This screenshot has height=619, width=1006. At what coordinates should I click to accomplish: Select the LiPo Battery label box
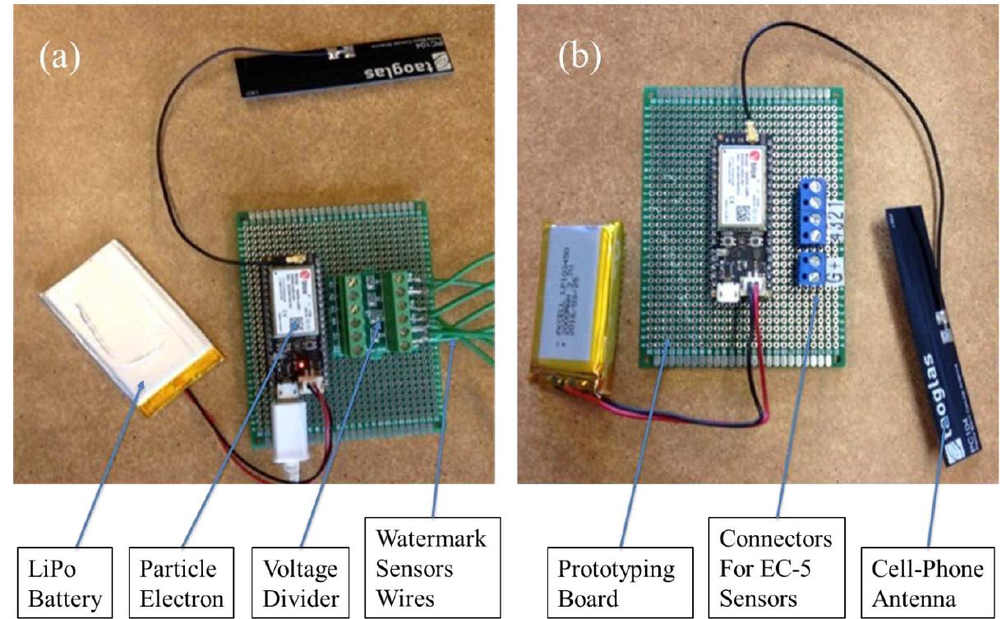pos(65,584)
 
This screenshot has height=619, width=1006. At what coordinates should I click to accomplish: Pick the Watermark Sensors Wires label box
pos(431,569)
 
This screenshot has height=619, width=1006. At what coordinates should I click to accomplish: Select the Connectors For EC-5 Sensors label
pos(775,569)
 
